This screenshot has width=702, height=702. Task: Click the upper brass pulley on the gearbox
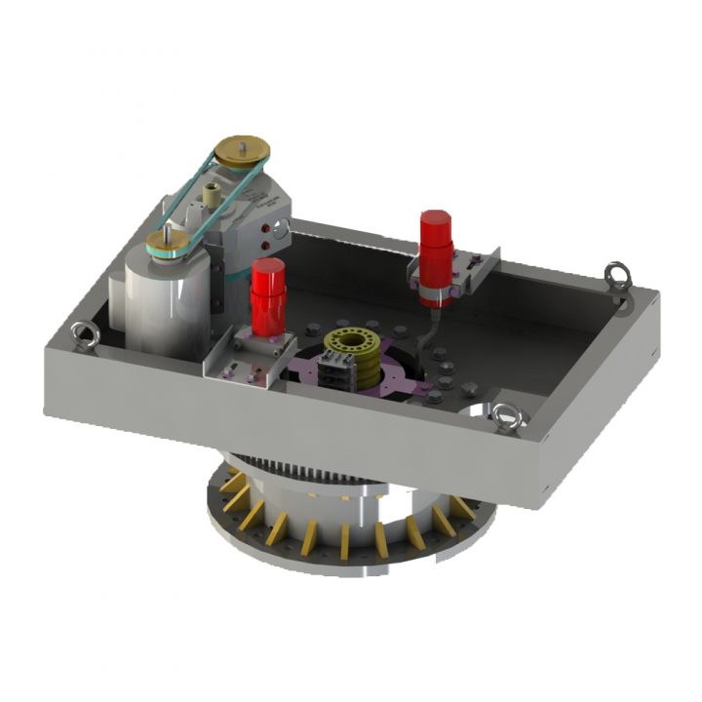click(x=243, y=152)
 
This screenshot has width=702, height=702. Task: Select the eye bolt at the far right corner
click(x=616, y=273)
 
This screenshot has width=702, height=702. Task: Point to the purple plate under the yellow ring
click(x=390, y=375)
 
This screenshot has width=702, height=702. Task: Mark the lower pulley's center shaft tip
click(x=168, y=232)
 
